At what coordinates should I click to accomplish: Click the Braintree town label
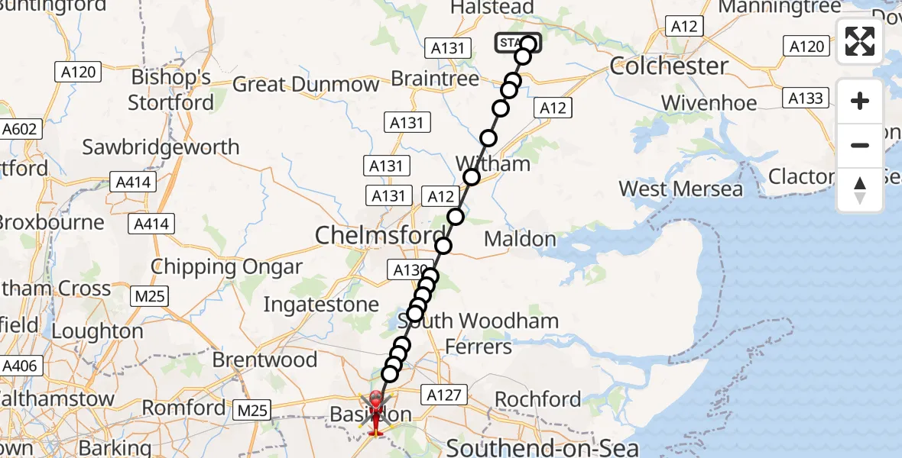tap(435, 79)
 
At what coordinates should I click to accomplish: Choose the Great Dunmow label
tap(306, 84)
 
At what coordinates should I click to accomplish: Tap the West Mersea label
tap(680, 189)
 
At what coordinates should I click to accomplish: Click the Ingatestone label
tap(321, 305)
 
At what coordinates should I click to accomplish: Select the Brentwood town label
tap(264, 359)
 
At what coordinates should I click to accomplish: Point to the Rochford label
tap(538, 399)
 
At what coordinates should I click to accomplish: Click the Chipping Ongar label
tap(226, 267)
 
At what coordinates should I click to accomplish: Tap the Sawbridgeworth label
tap(161, 147)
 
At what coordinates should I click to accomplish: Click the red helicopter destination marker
tap(376, 413)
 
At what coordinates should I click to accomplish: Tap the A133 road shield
tap(805, 98)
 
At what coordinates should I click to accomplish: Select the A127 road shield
tap(443, 395)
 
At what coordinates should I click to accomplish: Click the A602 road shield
tap(19, 129)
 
